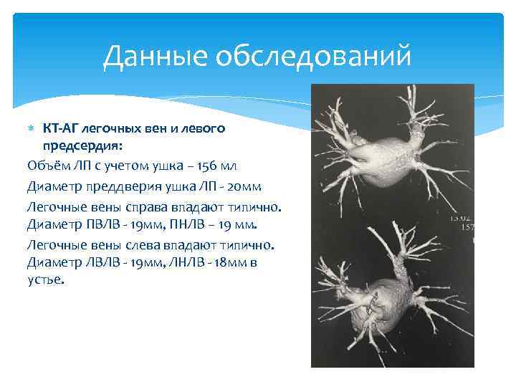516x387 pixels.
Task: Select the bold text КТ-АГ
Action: point(61,128)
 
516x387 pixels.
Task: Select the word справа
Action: point(150,206)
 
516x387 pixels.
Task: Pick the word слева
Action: point(147,244)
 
